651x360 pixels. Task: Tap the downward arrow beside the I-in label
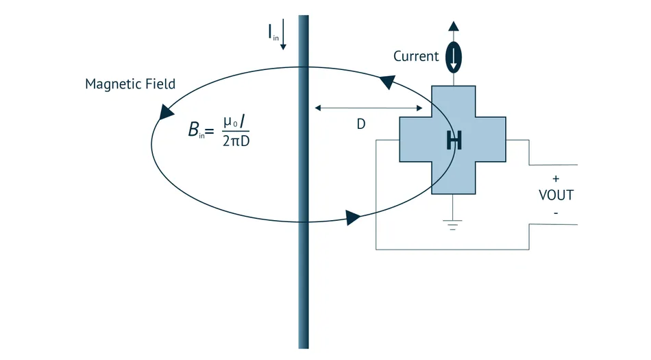(283, 34)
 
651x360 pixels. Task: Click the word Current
(416, 56)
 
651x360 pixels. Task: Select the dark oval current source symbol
(454, 58)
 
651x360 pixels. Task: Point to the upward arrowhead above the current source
(454, 26)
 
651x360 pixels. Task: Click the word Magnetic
(112, 84)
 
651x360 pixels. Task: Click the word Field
(159, 84)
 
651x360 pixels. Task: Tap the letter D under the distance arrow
(360, 123)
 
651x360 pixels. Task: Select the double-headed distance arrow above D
(369, 108)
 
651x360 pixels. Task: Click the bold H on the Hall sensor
(454, 141)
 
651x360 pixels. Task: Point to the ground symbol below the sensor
(452, 224)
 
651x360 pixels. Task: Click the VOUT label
(556, 195)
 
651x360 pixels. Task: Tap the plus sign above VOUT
(556, 178)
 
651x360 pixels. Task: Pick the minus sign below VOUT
(556, 213)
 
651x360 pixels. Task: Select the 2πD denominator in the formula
(236, 141)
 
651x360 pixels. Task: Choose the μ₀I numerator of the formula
(234, 122)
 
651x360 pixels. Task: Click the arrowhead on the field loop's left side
(166, 112)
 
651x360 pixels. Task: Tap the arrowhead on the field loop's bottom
(353, 217)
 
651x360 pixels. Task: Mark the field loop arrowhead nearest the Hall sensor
(388, 82)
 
